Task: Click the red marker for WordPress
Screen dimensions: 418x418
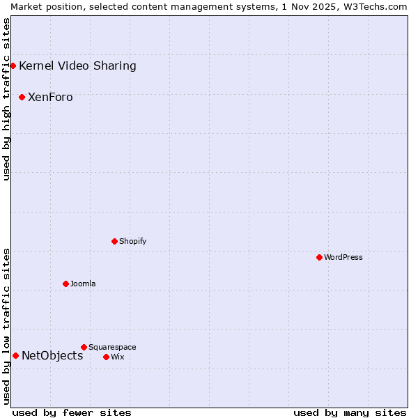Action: (319, 257)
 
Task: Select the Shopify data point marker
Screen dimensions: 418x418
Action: (114, 241)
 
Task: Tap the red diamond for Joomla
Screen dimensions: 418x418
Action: (65, 284)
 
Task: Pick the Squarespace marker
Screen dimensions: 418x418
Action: (84, 347)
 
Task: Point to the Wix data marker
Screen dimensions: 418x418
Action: (106, 357)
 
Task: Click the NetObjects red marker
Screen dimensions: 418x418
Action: (15, 355)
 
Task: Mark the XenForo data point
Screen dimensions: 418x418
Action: (22, 97)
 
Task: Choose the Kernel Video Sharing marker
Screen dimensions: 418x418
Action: (13, 65)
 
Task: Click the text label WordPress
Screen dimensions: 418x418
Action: (343, 257)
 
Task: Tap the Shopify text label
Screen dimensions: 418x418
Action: (132, 241)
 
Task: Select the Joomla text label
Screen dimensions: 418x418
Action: (83, 284)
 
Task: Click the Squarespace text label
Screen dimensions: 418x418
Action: (112, 347)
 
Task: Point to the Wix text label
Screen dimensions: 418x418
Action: (117, 357)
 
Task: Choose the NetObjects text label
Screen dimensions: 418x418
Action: (52, 356)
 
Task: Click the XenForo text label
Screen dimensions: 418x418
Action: (50, 98)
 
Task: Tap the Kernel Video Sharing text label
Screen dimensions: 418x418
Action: (77, 66)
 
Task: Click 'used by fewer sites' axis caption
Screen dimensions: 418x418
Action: (72, 412)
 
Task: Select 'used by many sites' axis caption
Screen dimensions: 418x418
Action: (350, 412)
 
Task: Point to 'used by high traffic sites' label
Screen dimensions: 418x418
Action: (6, 99)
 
